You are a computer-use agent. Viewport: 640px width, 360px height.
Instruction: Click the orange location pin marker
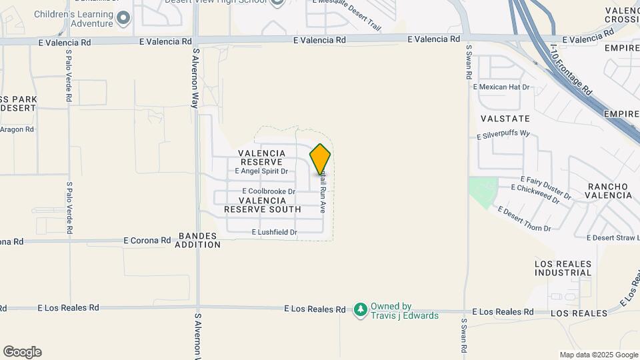point(320,159)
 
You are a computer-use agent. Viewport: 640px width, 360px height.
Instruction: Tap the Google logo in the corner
point(22,352)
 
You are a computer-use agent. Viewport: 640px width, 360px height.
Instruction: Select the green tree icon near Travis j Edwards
point(361,309)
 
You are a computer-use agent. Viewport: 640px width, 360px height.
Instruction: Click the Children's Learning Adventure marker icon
point(123,19)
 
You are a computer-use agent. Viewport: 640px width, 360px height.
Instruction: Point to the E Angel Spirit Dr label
point(261,171)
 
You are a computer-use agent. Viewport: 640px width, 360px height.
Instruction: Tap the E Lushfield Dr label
point(274,232)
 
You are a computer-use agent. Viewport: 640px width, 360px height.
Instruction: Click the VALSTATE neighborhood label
point(505,119)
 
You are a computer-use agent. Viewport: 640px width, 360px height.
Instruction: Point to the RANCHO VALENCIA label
point(608,191)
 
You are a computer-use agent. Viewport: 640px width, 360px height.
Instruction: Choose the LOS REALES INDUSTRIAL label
point(563,268)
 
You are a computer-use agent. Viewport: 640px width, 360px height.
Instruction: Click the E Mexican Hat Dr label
point(501,87)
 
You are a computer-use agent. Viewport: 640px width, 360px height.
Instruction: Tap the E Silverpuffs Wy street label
point(503,135)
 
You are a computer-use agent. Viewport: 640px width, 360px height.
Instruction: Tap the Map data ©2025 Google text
point(599,355)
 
